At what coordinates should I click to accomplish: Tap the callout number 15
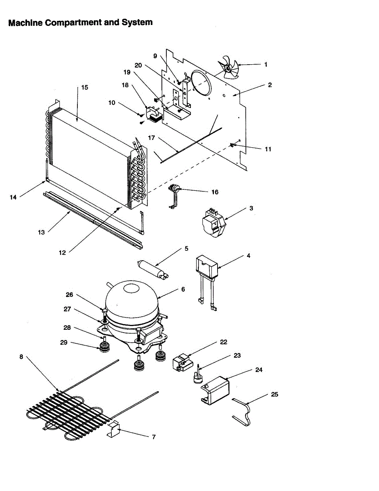coord(84,87)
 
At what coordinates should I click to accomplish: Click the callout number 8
coord(21,356)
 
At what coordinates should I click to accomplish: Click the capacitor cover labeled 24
coord(216,389)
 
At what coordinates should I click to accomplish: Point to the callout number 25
coord(274,394)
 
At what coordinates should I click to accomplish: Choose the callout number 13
coord(41,232)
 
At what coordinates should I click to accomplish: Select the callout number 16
coord(215,192)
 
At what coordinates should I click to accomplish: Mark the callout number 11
coord(268,149)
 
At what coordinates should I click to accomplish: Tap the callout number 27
coord(67,310)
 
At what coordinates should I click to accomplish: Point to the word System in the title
coord(137,23)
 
